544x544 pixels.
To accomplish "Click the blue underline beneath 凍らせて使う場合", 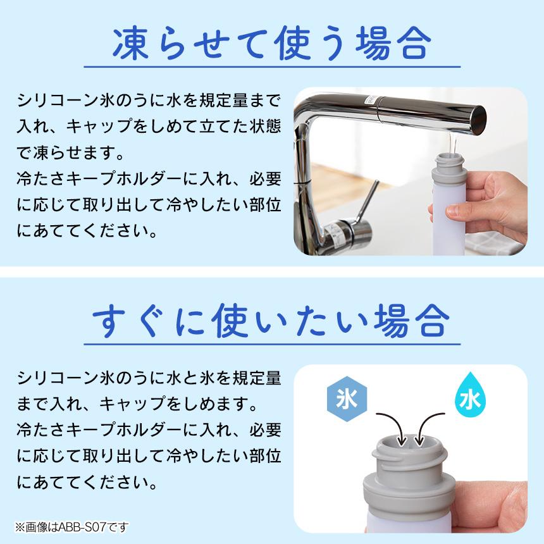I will click(272, 66).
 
